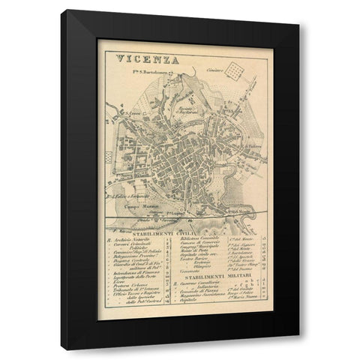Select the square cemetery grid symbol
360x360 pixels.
point(238,70)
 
